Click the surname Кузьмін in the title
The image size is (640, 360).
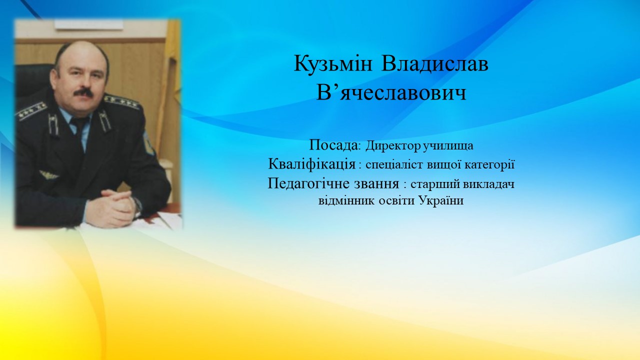(333, 63)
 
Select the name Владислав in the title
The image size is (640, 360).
(434, 63)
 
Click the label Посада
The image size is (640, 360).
(333, 145)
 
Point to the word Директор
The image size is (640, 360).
(392, 145)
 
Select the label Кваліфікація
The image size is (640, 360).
(312, 164)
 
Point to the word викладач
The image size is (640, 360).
(488, 184)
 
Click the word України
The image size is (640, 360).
(441, 200)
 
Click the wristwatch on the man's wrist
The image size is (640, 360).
(138, 207)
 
